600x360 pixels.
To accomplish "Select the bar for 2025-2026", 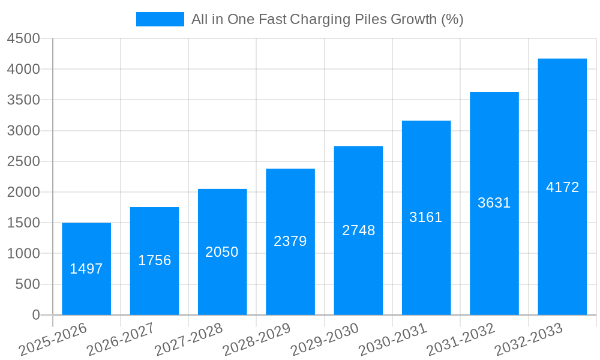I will point(86,269).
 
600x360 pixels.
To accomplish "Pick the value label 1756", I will point(155,260).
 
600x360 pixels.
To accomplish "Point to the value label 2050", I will point(222,252).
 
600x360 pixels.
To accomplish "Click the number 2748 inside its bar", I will point(359,230).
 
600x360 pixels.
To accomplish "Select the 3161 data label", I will point(426,217).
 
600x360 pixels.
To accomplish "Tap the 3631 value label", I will point(494,203).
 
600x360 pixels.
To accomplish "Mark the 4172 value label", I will point(563,187).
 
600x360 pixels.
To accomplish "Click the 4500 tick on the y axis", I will point(23,39).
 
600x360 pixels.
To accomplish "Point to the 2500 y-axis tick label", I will point(23,161).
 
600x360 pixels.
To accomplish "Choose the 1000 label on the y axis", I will point(23,254).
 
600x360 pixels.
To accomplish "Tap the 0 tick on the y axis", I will point(35,315).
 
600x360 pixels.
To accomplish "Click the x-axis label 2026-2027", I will point(121,340).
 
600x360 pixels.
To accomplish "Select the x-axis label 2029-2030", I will point(325,340).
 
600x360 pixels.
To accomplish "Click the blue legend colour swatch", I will point(160,19).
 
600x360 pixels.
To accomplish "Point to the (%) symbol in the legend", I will point(452,19).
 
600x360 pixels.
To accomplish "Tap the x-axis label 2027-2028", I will point(188,340).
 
